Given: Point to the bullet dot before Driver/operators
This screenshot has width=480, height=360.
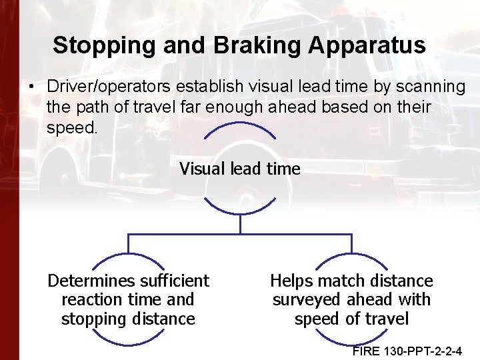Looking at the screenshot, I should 31,87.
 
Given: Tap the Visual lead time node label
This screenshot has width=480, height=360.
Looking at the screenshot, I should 240,169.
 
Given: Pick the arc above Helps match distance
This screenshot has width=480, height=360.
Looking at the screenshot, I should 351,257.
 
